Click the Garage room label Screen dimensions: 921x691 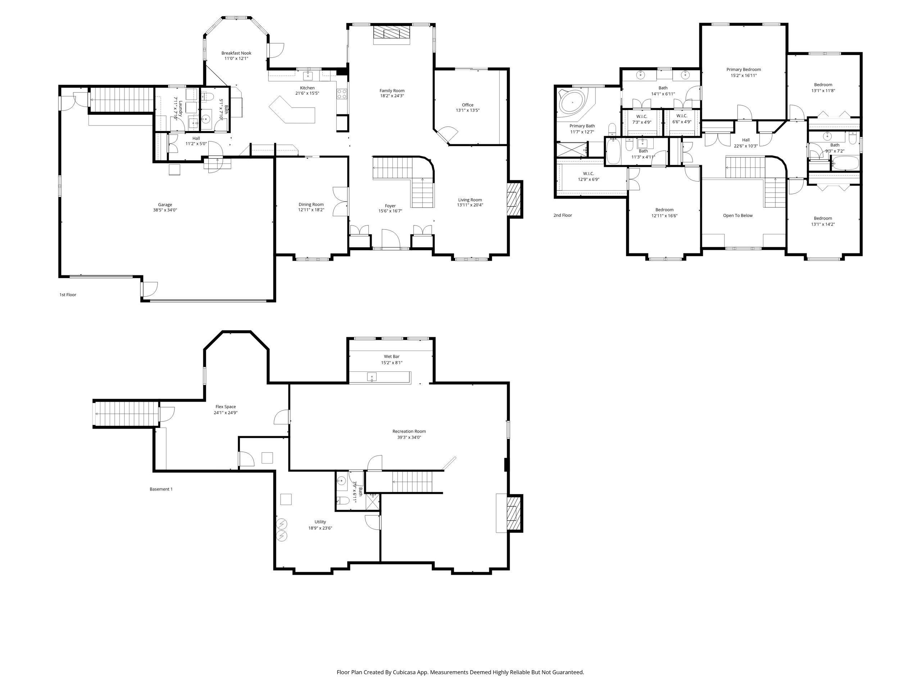165,204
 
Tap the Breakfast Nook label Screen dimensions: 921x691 236,53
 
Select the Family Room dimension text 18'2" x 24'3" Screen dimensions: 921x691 392,96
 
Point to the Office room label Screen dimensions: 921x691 468,105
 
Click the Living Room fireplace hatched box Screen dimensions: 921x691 515,199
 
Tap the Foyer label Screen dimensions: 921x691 390,206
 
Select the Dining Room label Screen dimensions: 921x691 311,204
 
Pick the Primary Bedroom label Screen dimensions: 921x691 744,69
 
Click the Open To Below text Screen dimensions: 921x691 738,215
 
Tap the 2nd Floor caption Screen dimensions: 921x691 563,215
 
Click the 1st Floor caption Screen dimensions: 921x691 68,294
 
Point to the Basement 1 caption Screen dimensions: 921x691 161,489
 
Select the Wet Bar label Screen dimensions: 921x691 392,357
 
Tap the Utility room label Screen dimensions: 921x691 320,522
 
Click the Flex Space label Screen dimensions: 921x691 226,407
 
